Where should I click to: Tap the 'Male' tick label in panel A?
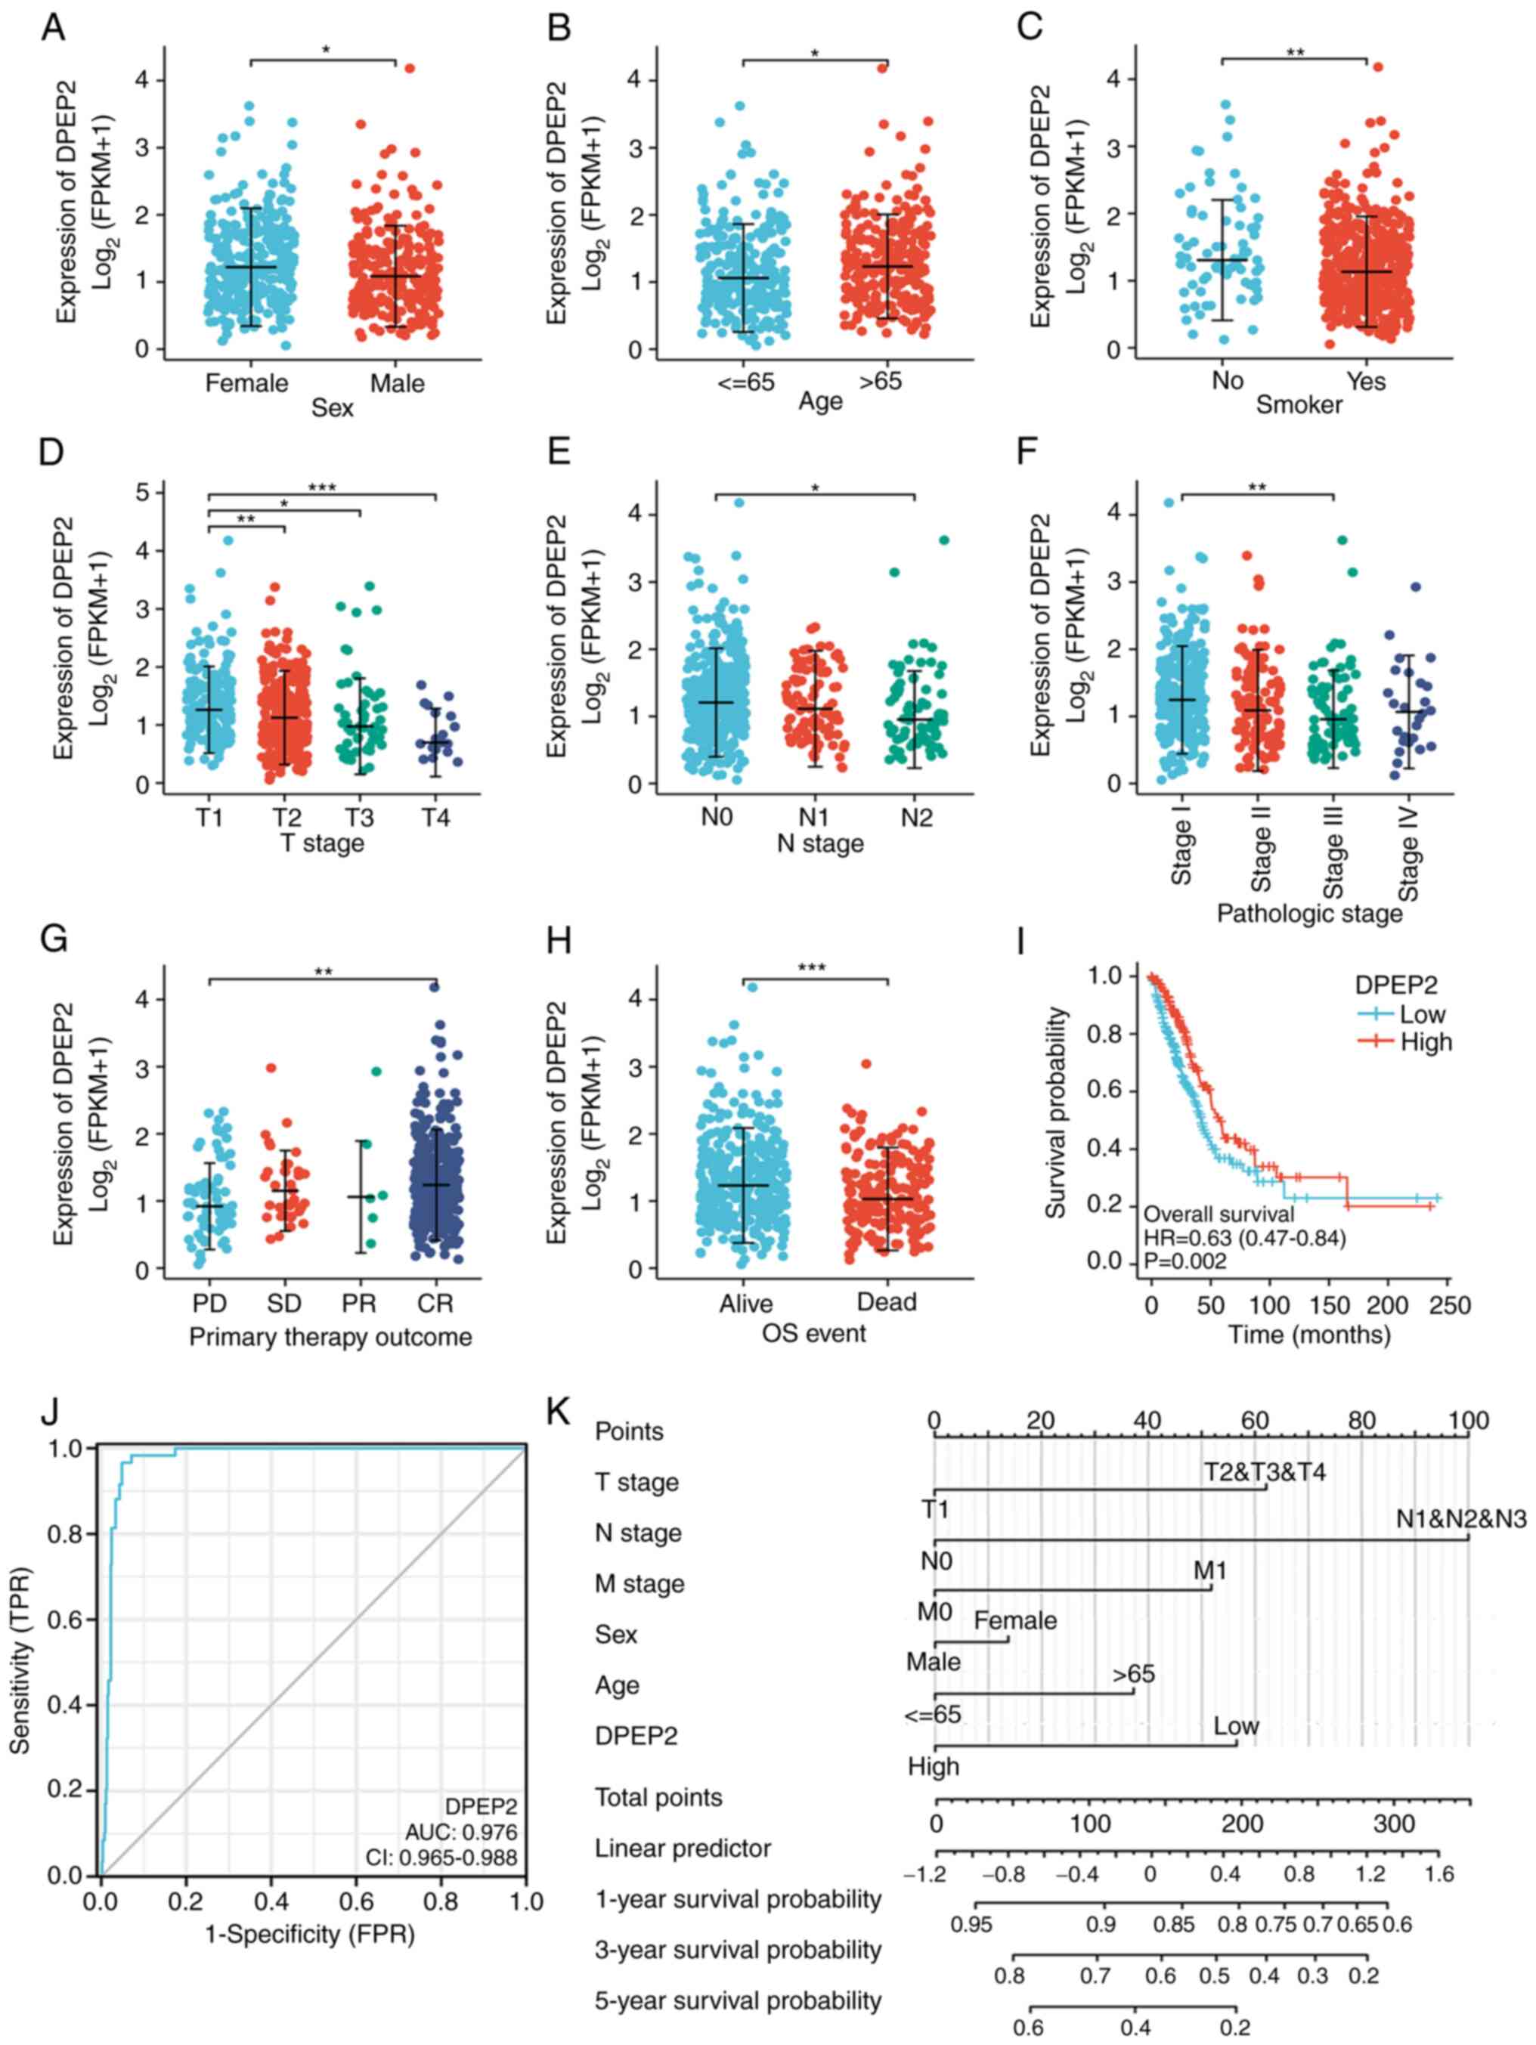398,382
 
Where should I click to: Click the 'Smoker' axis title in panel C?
1299,404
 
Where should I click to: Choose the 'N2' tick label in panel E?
916,817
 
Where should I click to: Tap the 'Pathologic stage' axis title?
1308,914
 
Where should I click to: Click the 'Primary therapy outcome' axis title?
330,1337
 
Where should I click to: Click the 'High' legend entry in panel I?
1425,1042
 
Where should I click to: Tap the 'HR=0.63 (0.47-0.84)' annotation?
1243,1238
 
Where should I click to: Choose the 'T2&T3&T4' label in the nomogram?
1264,1471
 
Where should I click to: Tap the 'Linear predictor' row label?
683,1848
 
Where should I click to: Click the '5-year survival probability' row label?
738,2000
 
